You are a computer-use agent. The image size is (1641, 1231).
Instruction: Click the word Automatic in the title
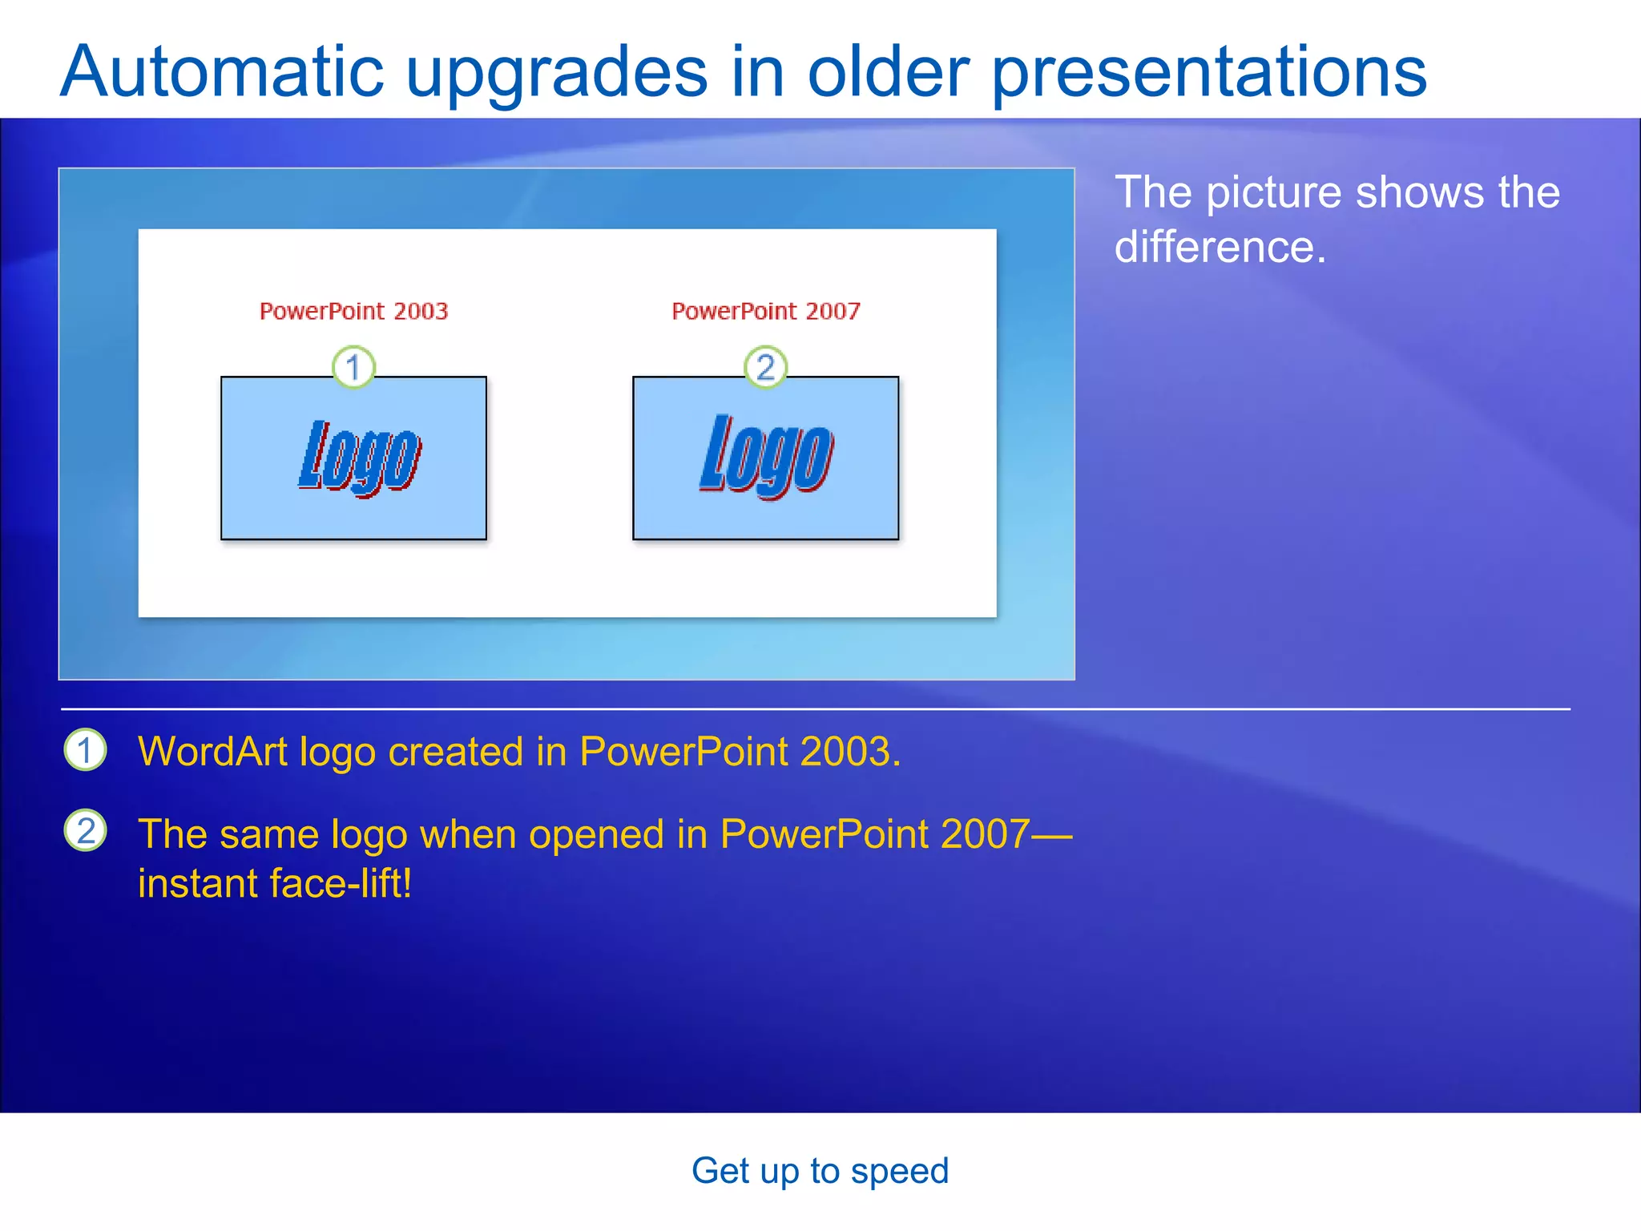click(x=222, y=72)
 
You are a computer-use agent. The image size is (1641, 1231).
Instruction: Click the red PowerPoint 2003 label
click(x=353, y=311)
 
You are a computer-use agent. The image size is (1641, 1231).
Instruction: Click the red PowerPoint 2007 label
click(x=765, y=311)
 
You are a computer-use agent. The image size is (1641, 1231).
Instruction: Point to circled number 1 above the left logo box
click(x=353, y=367)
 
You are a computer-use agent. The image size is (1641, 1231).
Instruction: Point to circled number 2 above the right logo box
click(x=765, y=367)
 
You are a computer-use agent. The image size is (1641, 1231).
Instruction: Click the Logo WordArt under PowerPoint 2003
click(x=360, y=457)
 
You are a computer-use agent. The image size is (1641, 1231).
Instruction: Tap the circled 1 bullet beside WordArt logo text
click(x=85, y=750)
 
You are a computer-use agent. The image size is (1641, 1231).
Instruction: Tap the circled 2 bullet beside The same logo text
click(x=85, y=830)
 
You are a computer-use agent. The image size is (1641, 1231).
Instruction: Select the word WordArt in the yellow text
click(x=212, y=752)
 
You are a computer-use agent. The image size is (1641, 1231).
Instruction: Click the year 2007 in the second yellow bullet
click(x=985, y=834)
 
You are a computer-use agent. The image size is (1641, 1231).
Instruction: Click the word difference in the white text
click(x=1219, y=247)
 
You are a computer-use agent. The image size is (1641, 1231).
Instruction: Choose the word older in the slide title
click(x=889, y=72)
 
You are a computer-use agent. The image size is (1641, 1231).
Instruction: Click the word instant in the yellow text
click(x=197, y=884)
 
